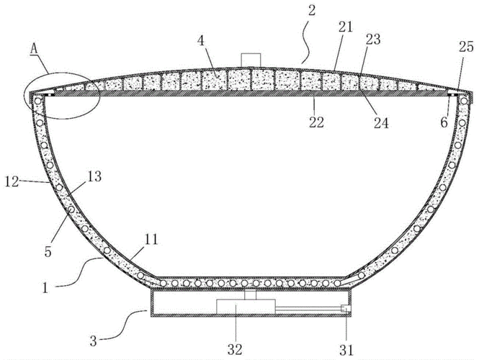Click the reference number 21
346,27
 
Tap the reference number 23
372,40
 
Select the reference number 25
466,47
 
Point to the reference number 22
316,122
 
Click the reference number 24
381,123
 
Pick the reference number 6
444,122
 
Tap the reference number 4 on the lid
201,40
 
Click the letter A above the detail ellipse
35,50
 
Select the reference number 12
12,181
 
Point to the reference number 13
94,176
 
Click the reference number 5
48,251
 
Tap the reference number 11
151,239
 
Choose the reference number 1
45,287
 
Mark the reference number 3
94,341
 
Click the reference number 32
235,349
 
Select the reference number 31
346,350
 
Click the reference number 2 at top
311,11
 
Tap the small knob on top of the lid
251,60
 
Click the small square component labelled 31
346,308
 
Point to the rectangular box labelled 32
246,306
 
